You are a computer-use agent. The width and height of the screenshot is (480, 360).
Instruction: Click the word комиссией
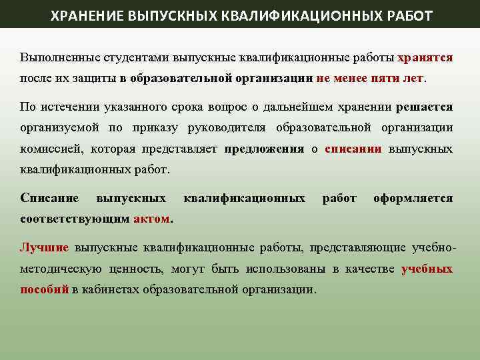coord(49,149)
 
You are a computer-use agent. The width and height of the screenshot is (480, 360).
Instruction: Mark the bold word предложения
coord(264,149)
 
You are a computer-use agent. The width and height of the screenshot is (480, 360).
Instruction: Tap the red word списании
coord(353,149)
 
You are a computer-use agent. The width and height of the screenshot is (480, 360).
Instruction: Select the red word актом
coord(152,219)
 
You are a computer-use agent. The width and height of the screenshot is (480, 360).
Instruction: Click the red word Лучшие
coord(45,248)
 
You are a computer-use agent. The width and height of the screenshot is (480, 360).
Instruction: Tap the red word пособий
coord(44,289)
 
